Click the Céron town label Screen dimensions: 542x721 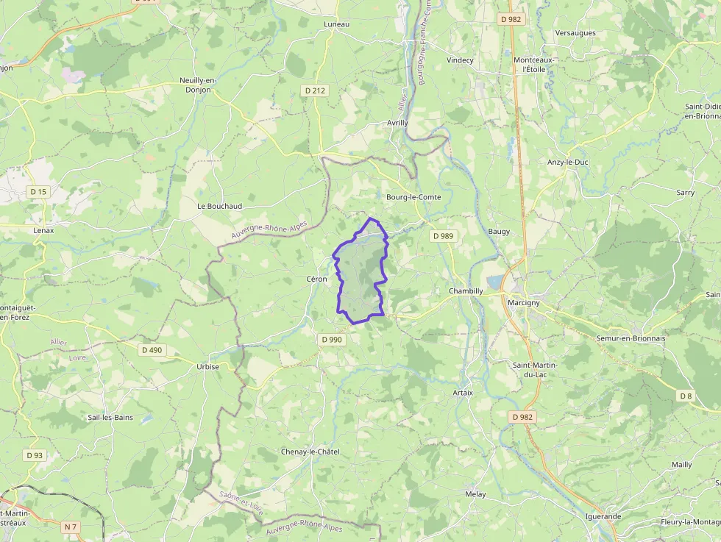pos(316,279)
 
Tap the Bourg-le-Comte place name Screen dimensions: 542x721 pos(413,197)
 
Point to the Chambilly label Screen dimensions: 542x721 pos(466,291)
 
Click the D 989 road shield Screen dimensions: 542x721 pos(443,236)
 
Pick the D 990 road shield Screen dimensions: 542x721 pos(333,340)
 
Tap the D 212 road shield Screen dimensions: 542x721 pos(315,90)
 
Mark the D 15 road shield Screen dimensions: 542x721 pos(38,192)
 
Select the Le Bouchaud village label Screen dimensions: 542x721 pos(220,207)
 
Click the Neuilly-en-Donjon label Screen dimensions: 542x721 pos(195,85)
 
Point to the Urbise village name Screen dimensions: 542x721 pos(208,366)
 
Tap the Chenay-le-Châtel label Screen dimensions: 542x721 pos(310,452)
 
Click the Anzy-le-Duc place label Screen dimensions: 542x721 pos(568,162)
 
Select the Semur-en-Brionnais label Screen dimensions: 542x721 pos(630,338)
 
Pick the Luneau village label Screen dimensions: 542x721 pos(337,24)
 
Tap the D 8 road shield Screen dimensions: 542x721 pos(686,396)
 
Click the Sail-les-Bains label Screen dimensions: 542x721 pos(110,417)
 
